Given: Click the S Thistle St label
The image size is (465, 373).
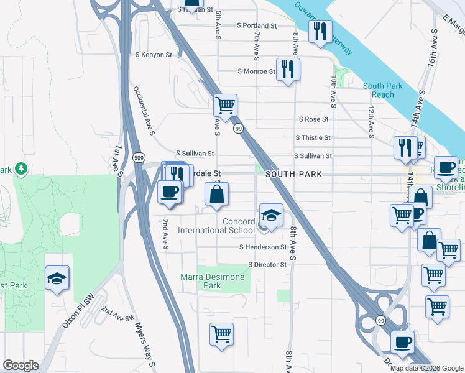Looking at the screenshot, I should [313, 137].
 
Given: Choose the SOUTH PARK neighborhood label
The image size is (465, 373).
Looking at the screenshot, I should [294, 175].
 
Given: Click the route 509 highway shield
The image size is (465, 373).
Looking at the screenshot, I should [139, 157].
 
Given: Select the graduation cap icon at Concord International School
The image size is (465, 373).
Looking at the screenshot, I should [271, 215].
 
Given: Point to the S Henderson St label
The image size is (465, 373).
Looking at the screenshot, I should [262, 247].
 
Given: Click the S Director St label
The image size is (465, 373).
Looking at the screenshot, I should [267, 264].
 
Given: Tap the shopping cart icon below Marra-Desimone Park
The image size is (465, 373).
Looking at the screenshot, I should [221, 334].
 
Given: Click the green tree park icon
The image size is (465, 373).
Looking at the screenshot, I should [21, 169].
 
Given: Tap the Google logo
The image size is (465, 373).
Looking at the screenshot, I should [21, 365].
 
